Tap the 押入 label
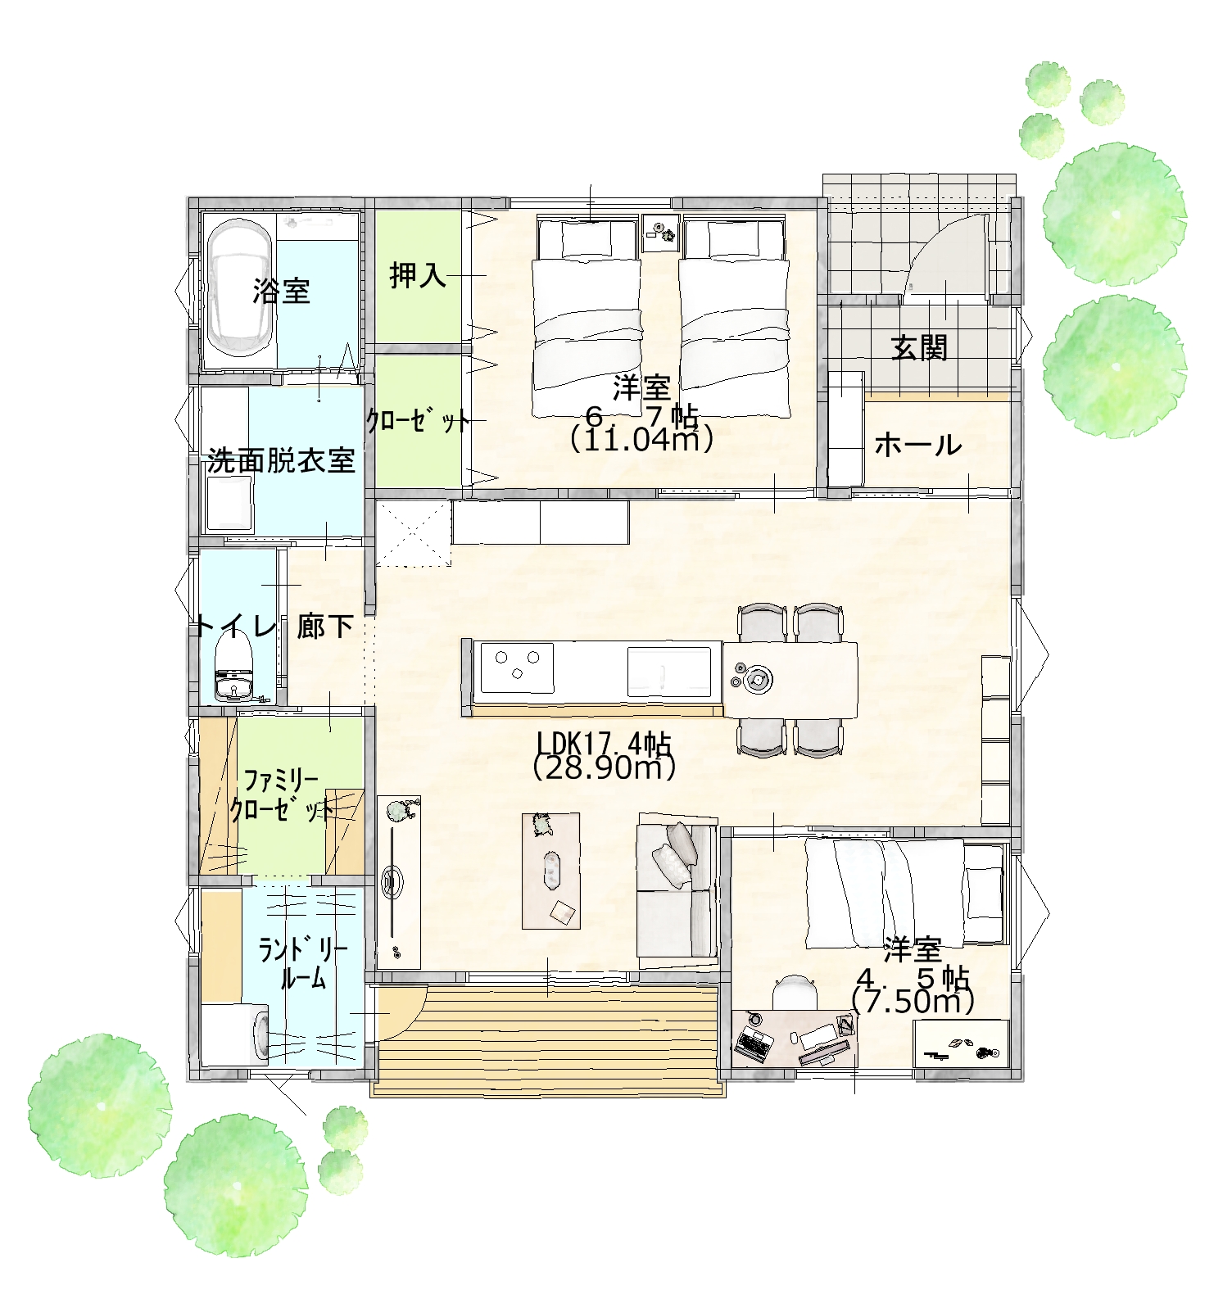click(418, 275)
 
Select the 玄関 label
click(919, 348)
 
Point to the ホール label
click(917, 446)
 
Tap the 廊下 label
click(325, 627)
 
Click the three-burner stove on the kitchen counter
click(517, 667)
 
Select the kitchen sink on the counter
click(668, 670)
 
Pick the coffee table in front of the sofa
click(551, 870)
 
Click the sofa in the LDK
click(677, 887)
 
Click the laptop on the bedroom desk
click(754, 1044)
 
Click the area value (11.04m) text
click(641, 440)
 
